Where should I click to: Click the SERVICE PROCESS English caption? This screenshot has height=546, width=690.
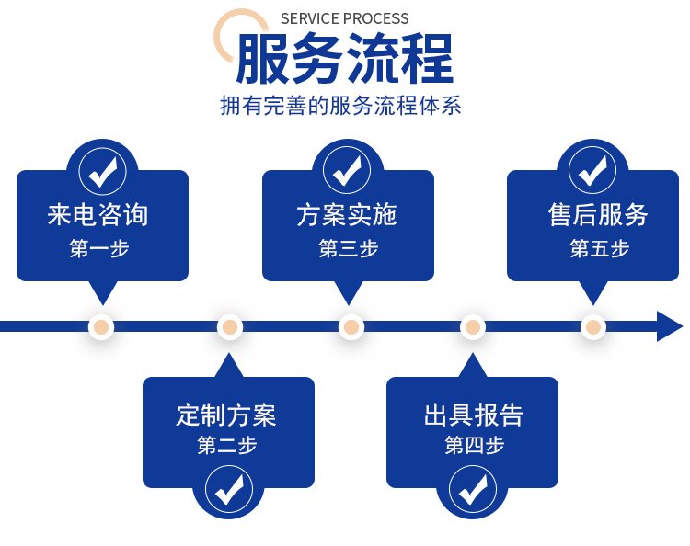pos(344,18)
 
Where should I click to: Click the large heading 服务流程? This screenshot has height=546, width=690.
pos(344,59)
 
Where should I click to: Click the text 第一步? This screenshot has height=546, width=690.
pos(99,248)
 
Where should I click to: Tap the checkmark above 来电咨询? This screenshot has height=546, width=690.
pos(102,171)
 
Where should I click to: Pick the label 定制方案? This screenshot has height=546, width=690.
pos(226,415)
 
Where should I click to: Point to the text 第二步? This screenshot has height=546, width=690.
pos(227,446)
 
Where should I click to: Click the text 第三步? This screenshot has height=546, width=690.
pos(348,248)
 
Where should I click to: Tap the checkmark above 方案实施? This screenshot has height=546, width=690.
pos(347,171)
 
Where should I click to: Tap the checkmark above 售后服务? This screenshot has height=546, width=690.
pos(593,171)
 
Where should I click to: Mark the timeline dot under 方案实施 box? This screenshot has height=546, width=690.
pos(351,327)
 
